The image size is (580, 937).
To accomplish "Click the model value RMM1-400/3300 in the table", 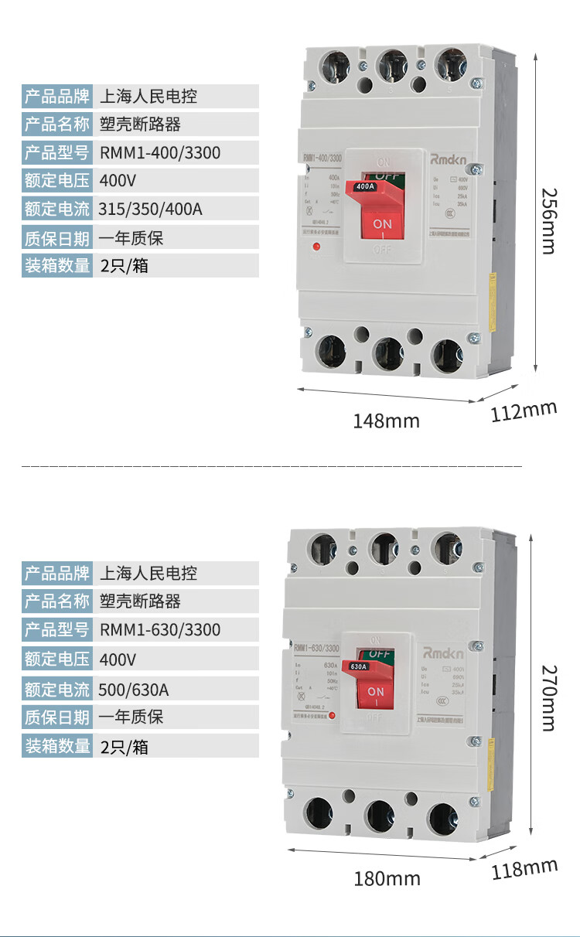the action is pyautogui.click(x=160, y=153).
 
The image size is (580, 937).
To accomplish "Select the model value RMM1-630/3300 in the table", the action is pyautogui.click(x=160, y=630).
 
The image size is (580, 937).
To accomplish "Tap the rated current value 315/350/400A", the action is pyautogui.click(x=151, y=210).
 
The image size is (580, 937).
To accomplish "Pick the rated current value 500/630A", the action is pyautogui.click(x=134, y=688).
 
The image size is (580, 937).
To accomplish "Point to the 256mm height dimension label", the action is pyautogui.click(x=548, y=220).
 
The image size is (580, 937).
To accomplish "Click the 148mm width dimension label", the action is pyautogui.click(x=386, y=421).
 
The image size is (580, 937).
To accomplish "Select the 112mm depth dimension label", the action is pyautogui.click(x=524, y=411).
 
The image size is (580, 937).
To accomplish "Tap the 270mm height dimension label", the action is pyautogui.click(x=548, y=697).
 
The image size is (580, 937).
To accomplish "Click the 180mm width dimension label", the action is pyautogui.click(x=387, y=879).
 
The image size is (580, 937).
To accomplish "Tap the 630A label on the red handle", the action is pyautogui.click(x=359, y=666).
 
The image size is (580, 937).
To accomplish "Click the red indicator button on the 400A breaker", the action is pyautogui.click(x=316, y=247).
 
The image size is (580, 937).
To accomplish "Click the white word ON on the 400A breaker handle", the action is pyautogui.click(x=383, y=223).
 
